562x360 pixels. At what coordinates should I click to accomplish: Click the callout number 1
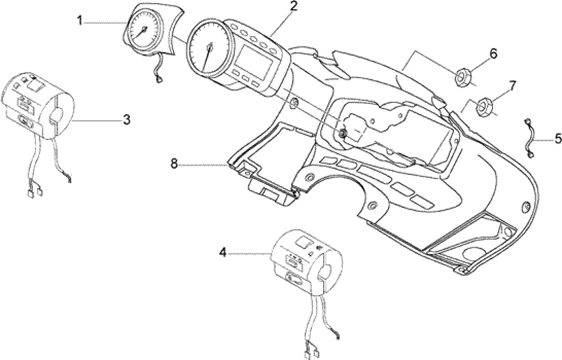pyautogui.click(x=80, y=21)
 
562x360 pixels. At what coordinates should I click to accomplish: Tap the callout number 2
pyautogui.click(x=294, y=6)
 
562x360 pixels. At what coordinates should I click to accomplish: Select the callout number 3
pyautogui.click(x=127, y=120)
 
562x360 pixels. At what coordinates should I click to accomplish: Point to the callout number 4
pyautogui.click(x=223, y=253)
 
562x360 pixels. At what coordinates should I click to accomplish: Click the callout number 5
pyautogui.click(x=558, y=138)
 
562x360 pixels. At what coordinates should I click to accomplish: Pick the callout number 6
pyautogui.click(x=494, y=54)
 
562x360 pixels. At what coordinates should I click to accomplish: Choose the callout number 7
pyautogui.click(x=513, y=86)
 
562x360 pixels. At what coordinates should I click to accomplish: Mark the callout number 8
pyautogui.click(x=174, y=164)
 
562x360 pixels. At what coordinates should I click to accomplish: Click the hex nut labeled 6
pyautogui.click(x=462, y=77)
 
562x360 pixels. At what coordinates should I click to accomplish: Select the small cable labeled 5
pyautogui.click(x=530, y=138)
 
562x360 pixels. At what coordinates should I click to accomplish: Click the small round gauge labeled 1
pyautogui.click(x=143, y=30)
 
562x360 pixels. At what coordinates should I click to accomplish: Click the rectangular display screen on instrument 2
pyautogui.click(x=254, y=62)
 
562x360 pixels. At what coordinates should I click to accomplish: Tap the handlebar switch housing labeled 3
pyautogui.click(x=38, y=106)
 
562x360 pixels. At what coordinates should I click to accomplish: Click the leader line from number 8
pyautogui.click(x=203, y=165)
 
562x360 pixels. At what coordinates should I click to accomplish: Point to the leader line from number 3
pyautogui.click(x=97, y=120)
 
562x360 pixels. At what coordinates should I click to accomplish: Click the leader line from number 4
pyautogui.click(x=250, y=254)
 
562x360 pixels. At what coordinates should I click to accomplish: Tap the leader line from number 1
pyautogui.click(x=106, y=22)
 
